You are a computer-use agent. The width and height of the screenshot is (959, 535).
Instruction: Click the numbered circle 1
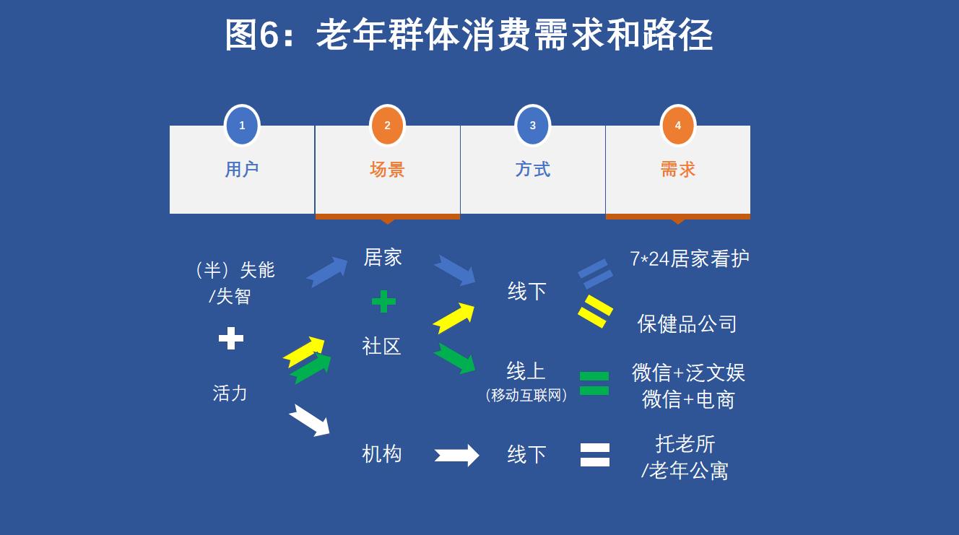click(242, 126)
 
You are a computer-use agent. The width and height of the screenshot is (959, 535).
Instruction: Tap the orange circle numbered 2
click(387, 126)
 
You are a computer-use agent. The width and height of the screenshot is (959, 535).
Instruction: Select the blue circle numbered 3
click(533, 126)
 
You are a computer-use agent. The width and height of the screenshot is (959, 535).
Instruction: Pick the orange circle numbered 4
click(677, 126)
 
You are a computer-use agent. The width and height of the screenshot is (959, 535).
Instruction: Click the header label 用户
click(242, 170)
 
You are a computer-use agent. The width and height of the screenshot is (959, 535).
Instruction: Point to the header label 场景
click(387, 170)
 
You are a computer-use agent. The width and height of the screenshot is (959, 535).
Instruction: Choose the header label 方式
click(533, 170)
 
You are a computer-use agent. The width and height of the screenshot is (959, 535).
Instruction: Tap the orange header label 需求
click(677, 170)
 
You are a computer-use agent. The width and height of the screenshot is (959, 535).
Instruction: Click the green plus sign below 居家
click(383, 302)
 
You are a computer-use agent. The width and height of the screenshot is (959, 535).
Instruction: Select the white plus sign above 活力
click(231, 339)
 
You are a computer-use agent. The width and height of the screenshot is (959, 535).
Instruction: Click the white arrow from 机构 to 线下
click(457, 455)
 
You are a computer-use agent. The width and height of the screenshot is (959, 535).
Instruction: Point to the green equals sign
click(594, 383)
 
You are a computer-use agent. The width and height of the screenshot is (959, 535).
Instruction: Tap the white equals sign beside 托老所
click(595, 455)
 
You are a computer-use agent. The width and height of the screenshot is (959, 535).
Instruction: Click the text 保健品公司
click(687, 324)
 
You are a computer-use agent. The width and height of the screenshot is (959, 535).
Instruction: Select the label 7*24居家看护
click(689, 258)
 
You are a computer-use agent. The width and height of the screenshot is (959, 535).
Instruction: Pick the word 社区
click(381, 347)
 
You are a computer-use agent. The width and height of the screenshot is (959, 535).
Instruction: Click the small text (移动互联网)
click(526, 395)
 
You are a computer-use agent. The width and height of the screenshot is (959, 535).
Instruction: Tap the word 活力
click(230, 393)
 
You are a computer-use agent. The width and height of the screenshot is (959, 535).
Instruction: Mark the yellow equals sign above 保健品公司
click(595, 311)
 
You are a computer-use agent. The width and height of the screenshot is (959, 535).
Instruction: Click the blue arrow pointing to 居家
click(327, 271)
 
